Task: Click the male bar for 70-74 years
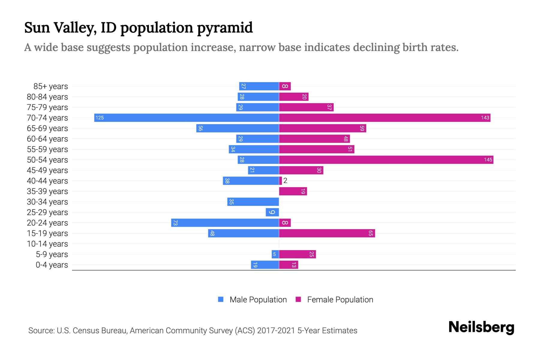(x=187, y=118)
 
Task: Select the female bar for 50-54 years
(x=386, y=160)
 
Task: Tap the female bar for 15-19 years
(x=327, y=233)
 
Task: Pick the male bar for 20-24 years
(x=225, y=223)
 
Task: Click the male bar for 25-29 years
(x=272, y=212)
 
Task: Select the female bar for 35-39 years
(x=293, y=191)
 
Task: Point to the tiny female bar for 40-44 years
(x=280, y=181)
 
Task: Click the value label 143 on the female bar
(x=485, y=118)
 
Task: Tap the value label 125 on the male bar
(x=100, y=118)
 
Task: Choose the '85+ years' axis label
(x=50, y=86)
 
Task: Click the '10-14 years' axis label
(x=47, y=244)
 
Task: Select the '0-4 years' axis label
(x=52, y=265)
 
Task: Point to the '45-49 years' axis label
(x=47, y=170)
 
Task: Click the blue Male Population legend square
(x=221, y=299)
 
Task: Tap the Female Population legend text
(x=340, y=299)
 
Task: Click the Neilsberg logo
(x=481, y=327)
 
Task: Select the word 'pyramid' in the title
(x=225, y=28)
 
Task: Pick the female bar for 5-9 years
(x=297, y=254)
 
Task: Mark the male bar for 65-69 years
(x=238, y=128)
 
